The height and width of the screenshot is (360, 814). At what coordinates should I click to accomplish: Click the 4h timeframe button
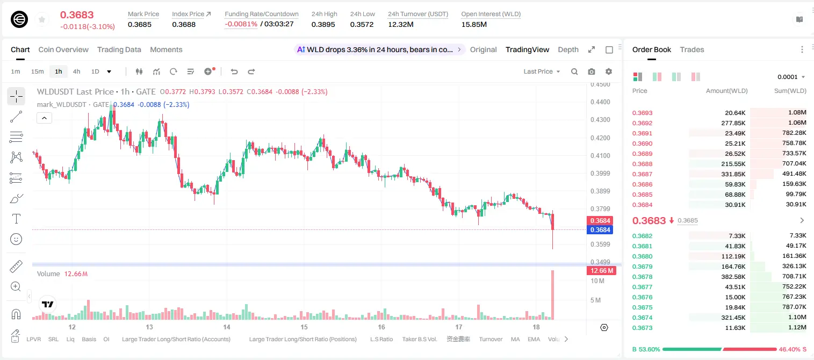(x=76, y=71)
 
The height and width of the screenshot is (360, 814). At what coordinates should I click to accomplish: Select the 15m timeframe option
(x=38, y=71)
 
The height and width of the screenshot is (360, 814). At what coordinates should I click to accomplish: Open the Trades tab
(x=692, y=49)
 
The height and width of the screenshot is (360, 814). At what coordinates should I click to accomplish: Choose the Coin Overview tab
(x=63, y=49)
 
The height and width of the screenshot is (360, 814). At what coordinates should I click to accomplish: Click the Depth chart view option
(x=568, y=49)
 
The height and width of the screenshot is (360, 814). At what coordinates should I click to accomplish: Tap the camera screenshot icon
(x=592, y=71)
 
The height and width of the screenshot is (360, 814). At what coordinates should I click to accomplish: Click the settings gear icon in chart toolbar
(x=609, y=71)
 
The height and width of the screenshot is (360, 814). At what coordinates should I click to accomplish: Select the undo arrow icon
(x=234, y=71)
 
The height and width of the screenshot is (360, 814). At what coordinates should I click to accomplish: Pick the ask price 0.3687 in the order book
(x=642, y=174)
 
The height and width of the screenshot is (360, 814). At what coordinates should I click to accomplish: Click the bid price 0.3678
(x=642, y=277)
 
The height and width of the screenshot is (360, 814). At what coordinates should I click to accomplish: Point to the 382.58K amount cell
(x=733, y=277)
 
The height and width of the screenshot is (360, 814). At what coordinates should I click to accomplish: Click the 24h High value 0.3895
(x=323, y=24)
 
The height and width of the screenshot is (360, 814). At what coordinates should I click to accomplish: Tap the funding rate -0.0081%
(x=241, y=24)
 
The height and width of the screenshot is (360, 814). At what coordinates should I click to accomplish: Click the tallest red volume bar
(x=553, y=295)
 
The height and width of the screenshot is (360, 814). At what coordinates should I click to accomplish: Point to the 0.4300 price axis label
(x=600, y=119)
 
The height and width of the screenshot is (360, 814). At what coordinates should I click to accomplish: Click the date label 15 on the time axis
(x=304, y=327)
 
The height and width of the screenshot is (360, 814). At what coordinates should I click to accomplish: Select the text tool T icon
(x=16, y=219)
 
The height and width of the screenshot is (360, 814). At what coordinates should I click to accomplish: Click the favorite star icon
(x=42, y=19)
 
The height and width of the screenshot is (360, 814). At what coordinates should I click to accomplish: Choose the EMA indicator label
(x=534, y=339)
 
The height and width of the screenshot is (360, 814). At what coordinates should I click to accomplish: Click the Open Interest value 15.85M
(x=474, y=24)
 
